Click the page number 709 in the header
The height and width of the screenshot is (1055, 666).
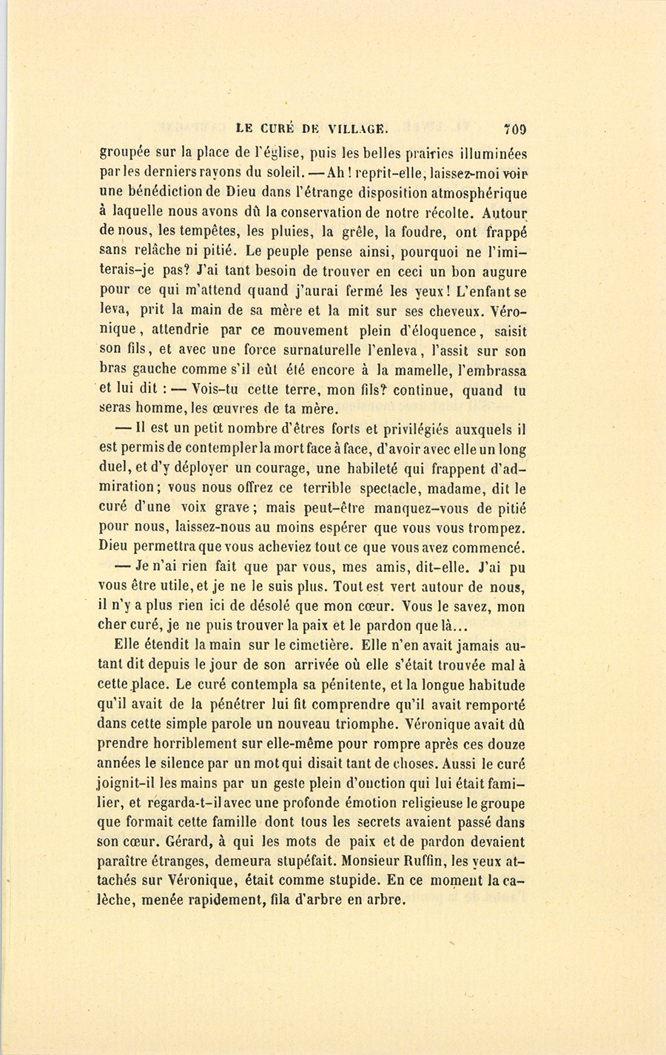(x=515, y=127)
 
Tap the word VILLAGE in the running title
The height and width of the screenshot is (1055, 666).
(x=348, y=127)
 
